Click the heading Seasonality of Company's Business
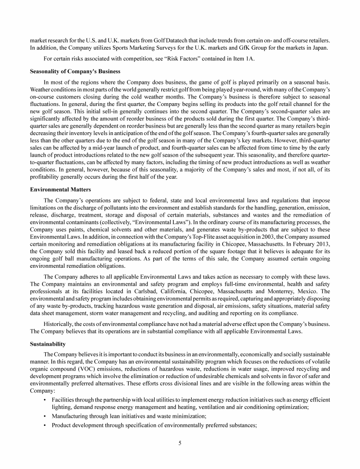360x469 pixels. pos(75,71)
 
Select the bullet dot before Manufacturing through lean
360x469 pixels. pos(44,416)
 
